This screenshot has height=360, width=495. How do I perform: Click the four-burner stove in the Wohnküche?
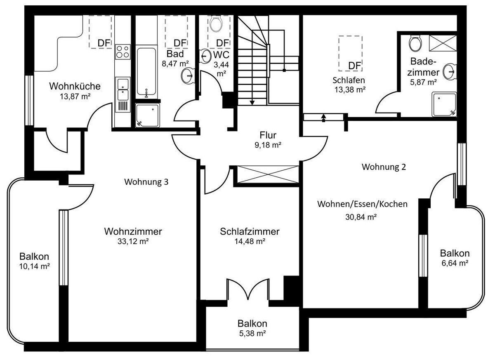[123, 52]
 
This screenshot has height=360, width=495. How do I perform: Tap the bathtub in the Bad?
[146, 72]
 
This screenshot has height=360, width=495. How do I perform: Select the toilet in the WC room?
[216, 24]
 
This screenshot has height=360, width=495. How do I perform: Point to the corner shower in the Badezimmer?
[444, 104]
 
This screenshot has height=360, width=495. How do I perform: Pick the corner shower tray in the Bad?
[147, 115]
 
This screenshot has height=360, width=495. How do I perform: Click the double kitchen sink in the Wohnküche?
[123, 94]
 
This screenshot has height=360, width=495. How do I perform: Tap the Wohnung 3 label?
[146, 182]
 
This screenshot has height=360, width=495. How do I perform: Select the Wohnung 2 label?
[384, 167]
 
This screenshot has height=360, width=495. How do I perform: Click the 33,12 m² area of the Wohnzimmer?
[133, 241]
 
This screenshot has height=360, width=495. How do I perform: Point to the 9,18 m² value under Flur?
[268, 145]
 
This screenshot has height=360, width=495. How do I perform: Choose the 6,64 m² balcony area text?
[455, 263]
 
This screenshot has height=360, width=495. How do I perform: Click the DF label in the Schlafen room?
[354, 66]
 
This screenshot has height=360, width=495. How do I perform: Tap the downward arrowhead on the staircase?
[252, 103]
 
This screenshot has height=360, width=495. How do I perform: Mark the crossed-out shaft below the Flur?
[268, 174]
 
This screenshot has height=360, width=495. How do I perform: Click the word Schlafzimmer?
[250, 231]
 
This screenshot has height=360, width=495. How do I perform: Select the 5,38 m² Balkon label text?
[252, 333]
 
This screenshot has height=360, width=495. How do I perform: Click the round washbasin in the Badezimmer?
[450, 71]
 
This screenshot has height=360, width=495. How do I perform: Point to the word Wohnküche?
[75, 86]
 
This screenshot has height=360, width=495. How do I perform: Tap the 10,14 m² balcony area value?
[35, 266]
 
